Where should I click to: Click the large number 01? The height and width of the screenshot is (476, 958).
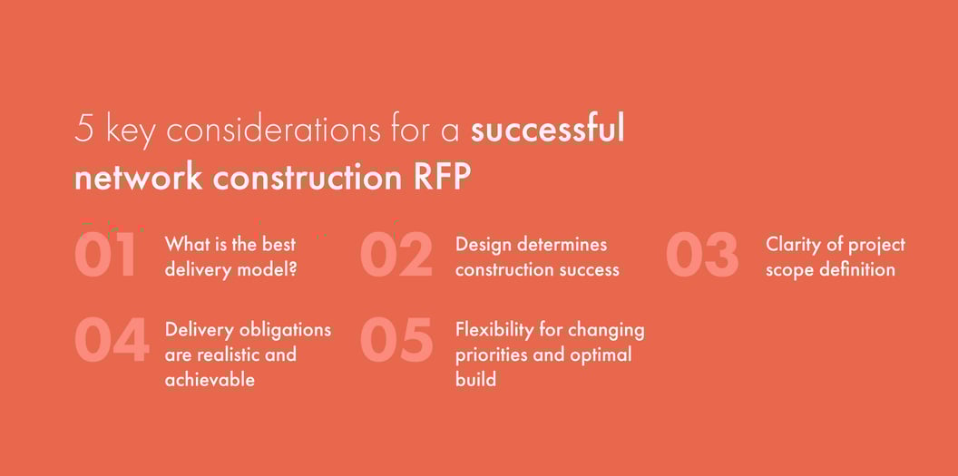(106, 256)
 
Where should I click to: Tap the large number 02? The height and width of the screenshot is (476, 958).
(396, 256)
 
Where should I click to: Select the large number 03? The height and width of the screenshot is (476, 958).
(702, 256)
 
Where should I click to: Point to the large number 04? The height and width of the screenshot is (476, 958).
(111, 341)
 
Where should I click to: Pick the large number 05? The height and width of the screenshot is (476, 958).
(396, 341)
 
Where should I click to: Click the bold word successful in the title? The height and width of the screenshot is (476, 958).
(547, 130)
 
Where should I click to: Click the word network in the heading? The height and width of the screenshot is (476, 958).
(138, 178)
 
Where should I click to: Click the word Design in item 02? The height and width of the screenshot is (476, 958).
(484, 245)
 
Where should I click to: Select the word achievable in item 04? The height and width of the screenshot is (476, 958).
(210, 379)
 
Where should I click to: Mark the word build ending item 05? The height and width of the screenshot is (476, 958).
(475, 379)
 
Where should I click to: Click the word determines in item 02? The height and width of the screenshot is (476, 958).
(562, 245)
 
